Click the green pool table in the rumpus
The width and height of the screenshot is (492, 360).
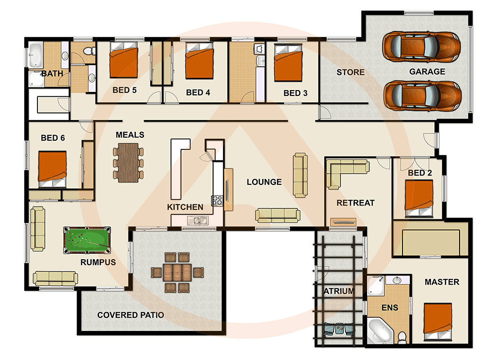click(x=86, y=239)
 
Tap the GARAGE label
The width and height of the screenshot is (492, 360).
click(x=427, y=72)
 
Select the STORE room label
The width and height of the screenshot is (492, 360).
click(x=350, y=72)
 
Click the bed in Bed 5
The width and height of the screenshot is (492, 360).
click(x=123, y=61)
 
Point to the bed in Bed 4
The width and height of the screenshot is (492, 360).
click(x=198, y=61)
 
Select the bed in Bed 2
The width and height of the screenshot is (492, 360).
click(x=419, y=198)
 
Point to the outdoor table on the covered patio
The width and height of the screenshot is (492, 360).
click(x=177, y=272)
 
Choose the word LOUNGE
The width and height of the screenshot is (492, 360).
click(x=264, y=182)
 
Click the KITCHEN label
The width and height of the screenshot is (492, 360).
click(x=185, y=207)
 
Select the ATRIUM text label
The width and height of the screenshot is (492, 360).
click(x=338, y=291)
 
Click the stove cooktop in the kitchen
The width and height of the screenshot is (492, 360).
click(x=217, y=200)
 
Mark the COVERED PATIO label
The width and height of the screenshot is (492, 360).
click(x=130, y=315)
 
